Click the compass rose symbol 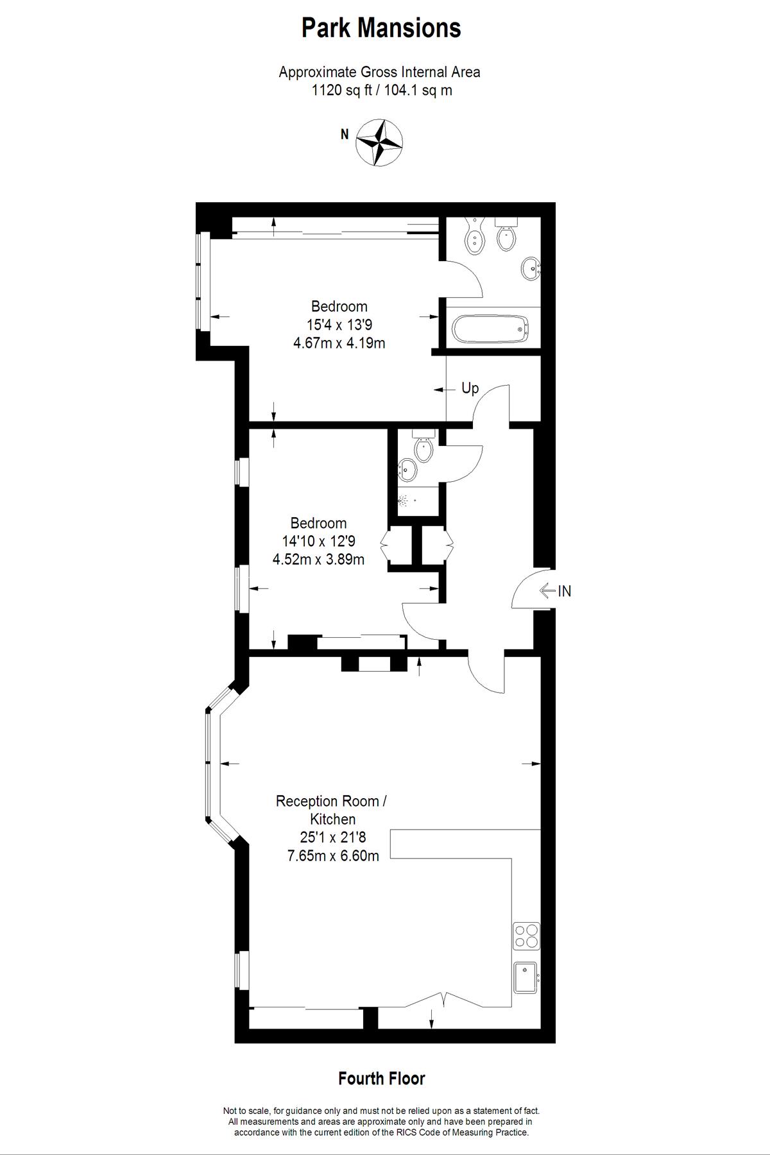pyautogui.click(x=379, y=142)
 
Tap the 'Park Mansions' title pyautogui.click(x=381, y=28)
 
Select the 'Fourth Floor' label pyautogui.click(x=382, y=1079)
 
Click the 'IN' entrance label pyautogui.click(x=564, y=591)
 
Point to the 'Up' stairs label pyautogui.click(x=470, y=388)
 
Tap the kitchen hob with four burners pyautogui.click(x=526, y=936)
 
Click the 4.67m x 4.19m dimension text pyautogui.click(x=339, y=343)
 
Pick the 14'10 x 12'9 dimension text pyautogui.click(x=318, y=542)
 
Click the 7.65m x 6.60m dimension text pyautogui.click(x=332, y=855)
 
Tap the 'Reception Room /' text pyautogui.click(x=332, y=801)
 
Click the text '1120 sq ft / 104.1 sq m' pyautogui.click(x=381, y=90)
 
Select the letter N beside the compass pyautogui.click(x=345, y=135)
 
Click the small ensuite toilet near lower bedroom pyautogui.click(x=424, y=447)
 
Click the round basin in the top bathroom pyautogui.click(x=531, y=268)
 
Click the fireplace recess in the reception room pyautogui.click(x=374, y=664)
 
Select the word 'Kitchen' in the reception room pyautogui.click(x=332, y=819)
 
